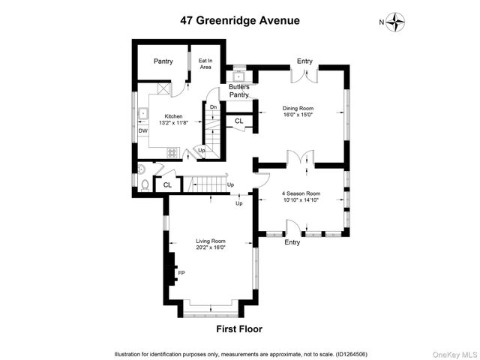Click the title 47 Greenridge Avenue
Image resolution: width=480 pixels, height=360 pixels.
coord(239,20)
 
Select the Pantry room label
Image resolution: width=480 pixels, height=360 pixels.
coord(163,61)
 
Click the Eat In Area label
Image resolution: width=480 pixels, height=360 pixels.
coord(205,64)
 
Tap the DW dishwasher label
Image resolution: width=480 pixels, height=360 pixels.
coord(142,131)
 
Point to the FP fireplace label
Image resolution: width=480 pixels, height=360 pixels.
coord(181,273)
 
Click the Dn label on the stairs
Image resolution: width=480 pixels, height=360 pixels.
coord(213,107)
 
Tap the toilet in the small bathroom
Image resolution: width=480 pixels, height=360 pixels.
coord(144,184)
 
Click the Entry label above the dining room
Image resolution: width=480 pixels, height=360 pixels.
coord(304,61)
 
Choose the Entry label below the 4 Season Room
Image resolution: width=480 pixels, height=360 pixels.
coord(292,242)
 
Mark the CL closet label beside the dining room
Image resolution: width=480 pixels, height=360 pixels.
coord(239,121)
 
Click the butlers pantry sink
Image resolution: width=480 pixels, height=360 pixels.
coord(239,74)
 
